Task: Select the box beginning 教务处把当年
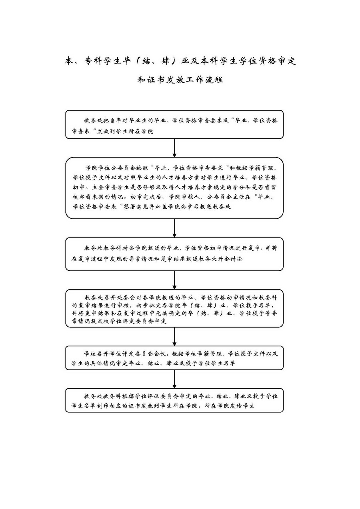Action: pyautogui.click(x=174, y=125)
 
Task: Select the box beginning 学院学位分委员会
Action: pyautogui.click(x=174, y=188)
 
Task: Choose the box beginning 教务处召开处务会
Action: pyautogui.click(x=174, y=309)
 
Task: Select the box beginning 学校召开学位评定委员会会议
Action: pyautogui.click(x=174, y=358)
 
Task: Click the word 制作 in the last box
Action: pyautogui.click(x=107, y=405)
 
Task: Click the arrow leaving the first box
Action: pyautogui.click(x=174, y=148)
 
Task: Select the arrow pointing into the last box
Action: pyautogui.click(x=174, y=379)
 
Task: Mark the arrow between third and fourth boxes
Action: pyautogui.click(x=174, y=280)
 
